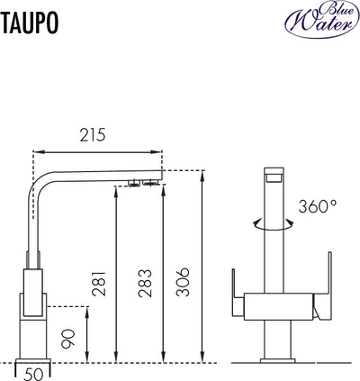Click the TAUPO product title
click(30, 23)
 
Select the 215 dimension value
click(93, 135)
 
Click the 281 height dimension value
click(99, 284)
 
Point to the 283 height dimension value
click(145, 284)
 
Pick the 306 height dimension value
click(183, 282)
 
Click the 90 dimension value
click(67, 339)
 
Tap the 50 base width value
click(34, 375)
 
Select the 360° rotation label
click(318, 206)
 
